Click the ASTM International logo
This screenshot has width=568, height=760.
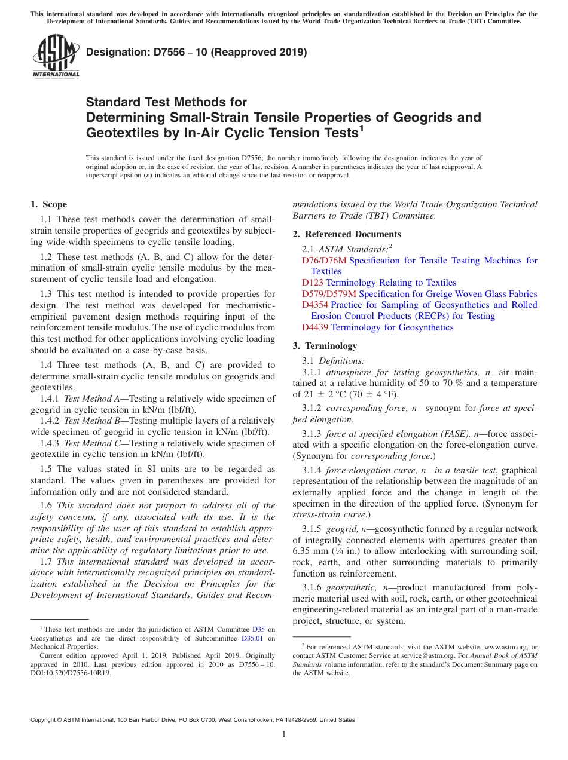56,57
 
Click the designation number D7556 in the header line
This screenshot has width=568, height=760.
164,52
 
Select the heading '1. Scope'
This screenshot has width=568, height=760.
48,204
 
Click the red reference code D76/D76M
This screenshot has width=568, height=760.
324,261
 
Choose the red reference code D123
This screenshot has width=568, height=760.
313,283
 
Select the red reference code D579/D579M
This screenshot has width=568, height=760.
329,294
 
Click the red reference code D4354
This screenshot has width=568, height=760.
315,305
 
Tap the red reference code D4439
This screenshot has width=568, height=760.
315,327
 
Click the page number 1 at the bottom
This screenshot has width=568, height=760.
284,734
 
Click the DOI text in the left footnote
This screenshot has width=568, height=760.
71,672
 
